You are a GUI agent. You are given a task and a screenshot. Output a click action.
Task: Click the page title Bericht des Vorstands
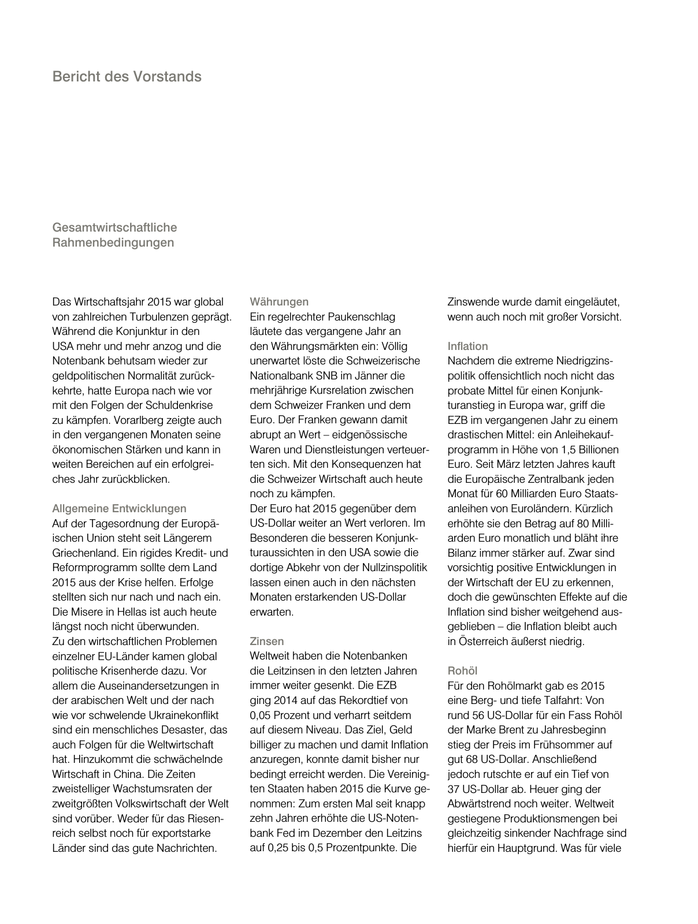coord(127,76)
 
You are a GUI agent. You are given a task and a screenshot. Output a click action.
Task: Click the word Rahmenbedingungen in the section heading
coord(113,243)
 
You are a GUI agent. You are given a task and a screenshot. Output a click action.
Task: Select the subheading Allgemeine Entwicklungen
coord(119,509)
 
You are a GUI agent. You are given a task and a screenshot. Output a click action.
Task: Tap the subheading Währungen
coord(279,301)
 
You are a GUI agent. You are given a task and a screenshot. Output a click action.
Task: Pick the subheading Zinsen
coord(266,641)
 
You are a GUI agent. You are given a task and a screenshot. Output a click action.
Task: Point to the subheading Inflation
coord(467,346)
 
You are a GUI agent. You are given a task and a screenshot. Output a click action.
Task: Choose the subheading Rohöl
coord(462,670)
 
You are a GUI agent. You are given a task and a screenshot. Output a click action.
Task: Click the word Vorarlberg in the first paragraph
coord(141,420)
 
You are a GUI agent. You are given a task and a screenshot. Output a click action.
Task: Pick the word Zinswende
coord(472,301)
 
